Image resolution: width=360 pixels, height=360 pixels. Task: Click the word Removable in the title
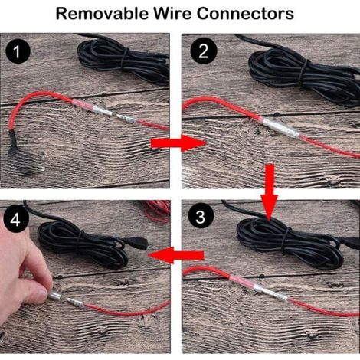tap(102, 14)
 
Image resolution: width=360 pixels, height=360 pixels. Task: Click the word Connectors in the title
tap(245, 14)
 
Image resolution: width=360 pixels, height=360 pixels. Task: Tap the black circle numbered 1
tap(18, 51)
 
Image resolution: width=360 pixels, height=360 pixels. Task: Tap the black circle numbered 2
tap(204, 51)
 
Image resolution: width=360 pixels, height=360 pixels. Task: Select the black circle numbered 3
tap(201, 217)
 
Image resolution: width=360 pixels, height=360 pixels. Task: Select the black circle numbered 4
tap(16, 220)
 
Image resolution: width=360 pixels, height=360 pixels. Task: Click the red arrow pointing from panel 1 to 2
tap(178, 143)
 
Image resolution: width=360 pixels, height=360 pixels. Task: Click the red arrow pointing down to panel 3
tap(269, 191)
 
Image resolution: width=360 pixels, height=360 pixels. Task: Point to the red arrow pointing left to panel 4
tap(176, 255)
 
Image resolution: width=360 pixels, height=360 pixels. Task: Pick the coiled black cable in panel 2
tap(304, 77)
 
